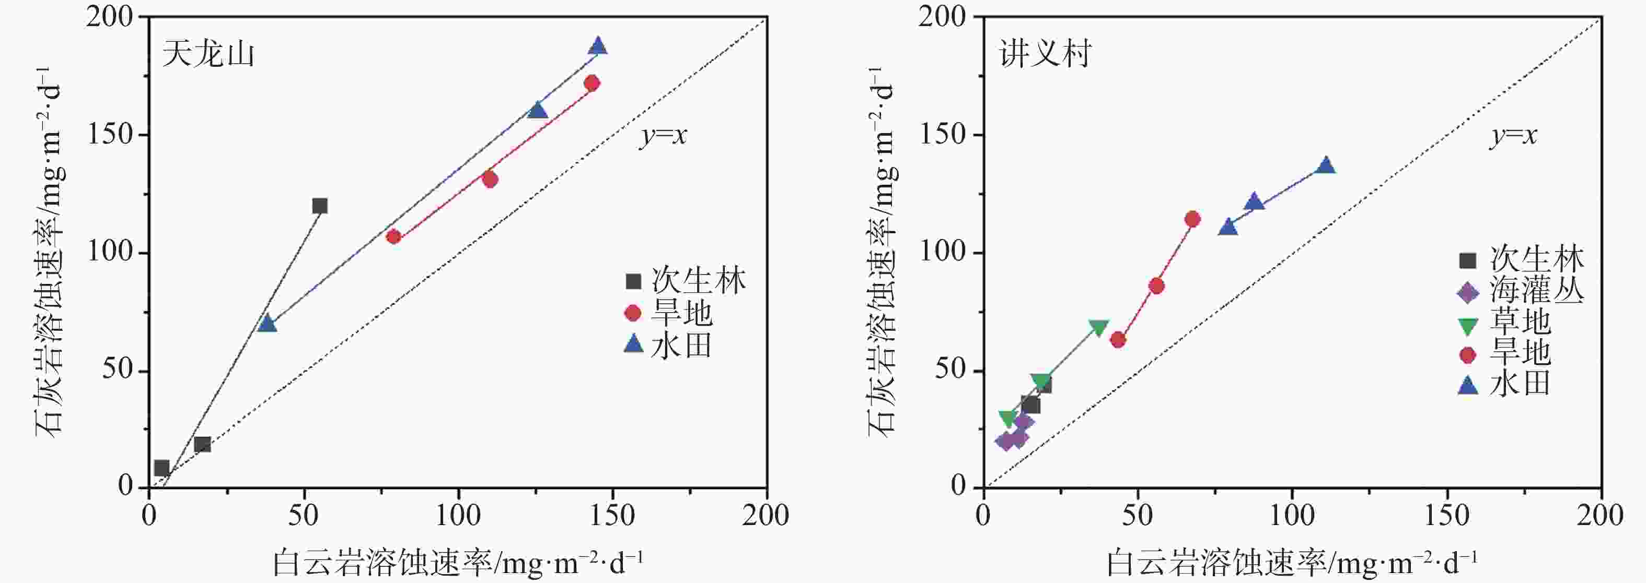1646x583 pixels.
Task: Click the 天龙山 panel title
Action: (208, 54)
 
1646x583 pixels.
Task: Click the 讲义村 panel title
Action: (1046, 54)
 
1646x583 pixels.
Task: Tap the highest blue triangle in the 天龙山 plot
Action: (598, 46)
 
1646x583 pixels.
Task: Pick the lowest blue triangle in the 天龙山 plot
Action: (267, 324)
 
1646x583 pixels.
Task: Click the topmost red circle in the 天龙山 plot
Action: (592, 83)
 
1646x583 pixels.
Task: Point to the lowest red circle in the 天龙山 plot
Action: (393, 237)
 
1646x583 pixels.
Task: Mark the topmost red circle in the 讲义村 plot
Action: (1192, 219)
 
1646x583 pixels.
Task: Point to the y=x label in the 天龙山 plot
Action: (663, 135)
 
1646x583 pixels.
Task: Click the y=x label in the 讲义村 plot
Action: (1513, 135)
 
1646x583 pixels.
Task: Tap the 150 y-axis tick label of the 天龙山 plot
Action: (110, 135)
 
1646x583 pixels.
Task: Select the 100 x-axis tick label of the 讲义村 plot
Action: (1292, 515)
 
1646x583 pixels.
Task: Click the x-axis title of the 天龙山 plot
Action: (458, 562)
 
